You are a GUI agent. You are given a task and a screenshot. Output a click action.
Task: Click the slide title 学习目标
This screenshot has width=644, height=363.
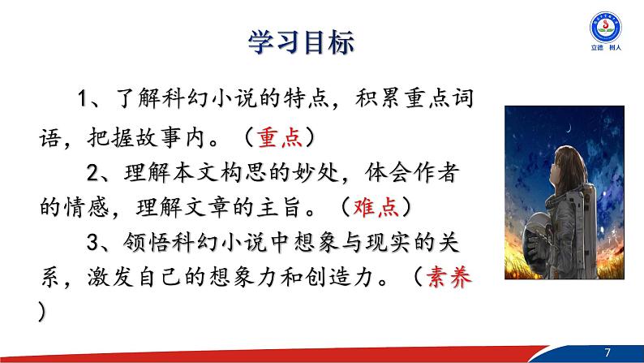coord(299,41)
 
